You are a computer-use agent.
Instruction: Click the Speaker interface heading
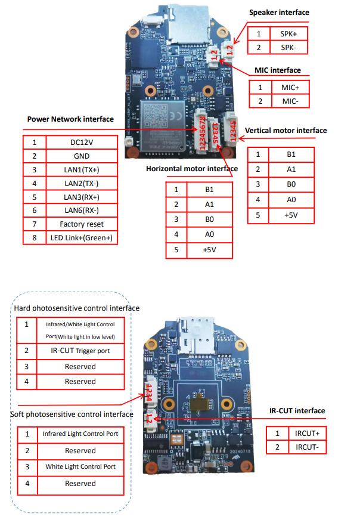click(279, 13)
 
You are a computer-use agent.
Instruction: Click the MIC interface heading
click(278, 70)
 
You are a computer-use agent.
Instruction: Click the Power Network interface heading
click(70, 119)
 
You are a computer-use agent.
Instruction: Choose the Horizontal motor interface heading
click(192, 169)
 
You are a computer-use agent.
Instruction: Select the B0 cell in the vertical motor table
click(291, 185)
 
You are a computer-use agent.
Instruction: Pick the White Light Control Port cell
click(80, 467)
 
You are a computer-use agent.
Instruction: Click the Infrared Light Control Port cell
click(80, 434)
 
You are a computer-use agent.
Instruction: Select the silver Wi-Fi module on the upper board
click(165, 123)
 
